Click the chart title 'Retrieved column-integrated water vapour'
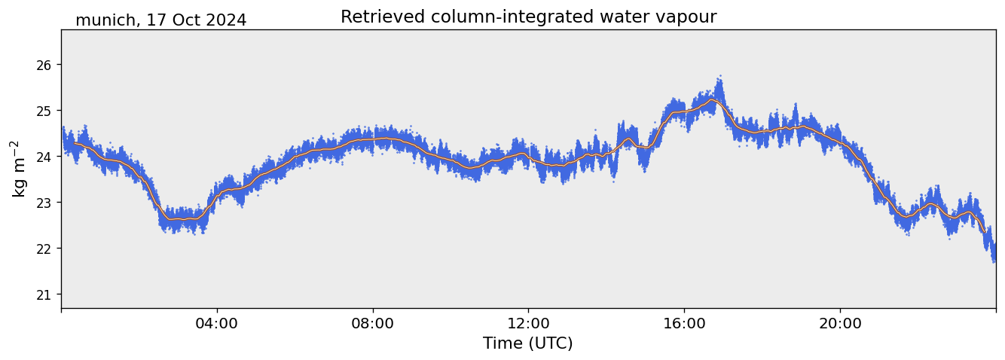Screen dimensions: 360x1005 528,17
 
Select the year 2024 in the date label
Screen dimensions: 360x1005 228,21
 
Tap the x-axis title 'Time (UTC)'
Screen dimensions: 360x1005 527,343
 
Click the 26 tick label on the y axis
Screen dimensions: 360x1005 44,65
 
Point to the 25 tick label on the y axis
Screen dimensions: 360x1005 44,111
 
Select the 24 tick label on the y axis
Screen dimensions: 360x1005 44,157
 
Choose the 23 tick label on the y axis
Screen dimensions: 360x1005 44,203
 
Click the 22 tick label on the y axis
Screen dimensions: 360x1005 44,249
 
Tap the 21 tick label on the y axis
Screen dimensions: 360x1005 44,294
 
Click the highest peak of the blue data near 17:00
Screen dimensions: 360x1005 720,76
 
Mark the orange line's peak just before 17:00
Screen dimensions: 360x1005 711,99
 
